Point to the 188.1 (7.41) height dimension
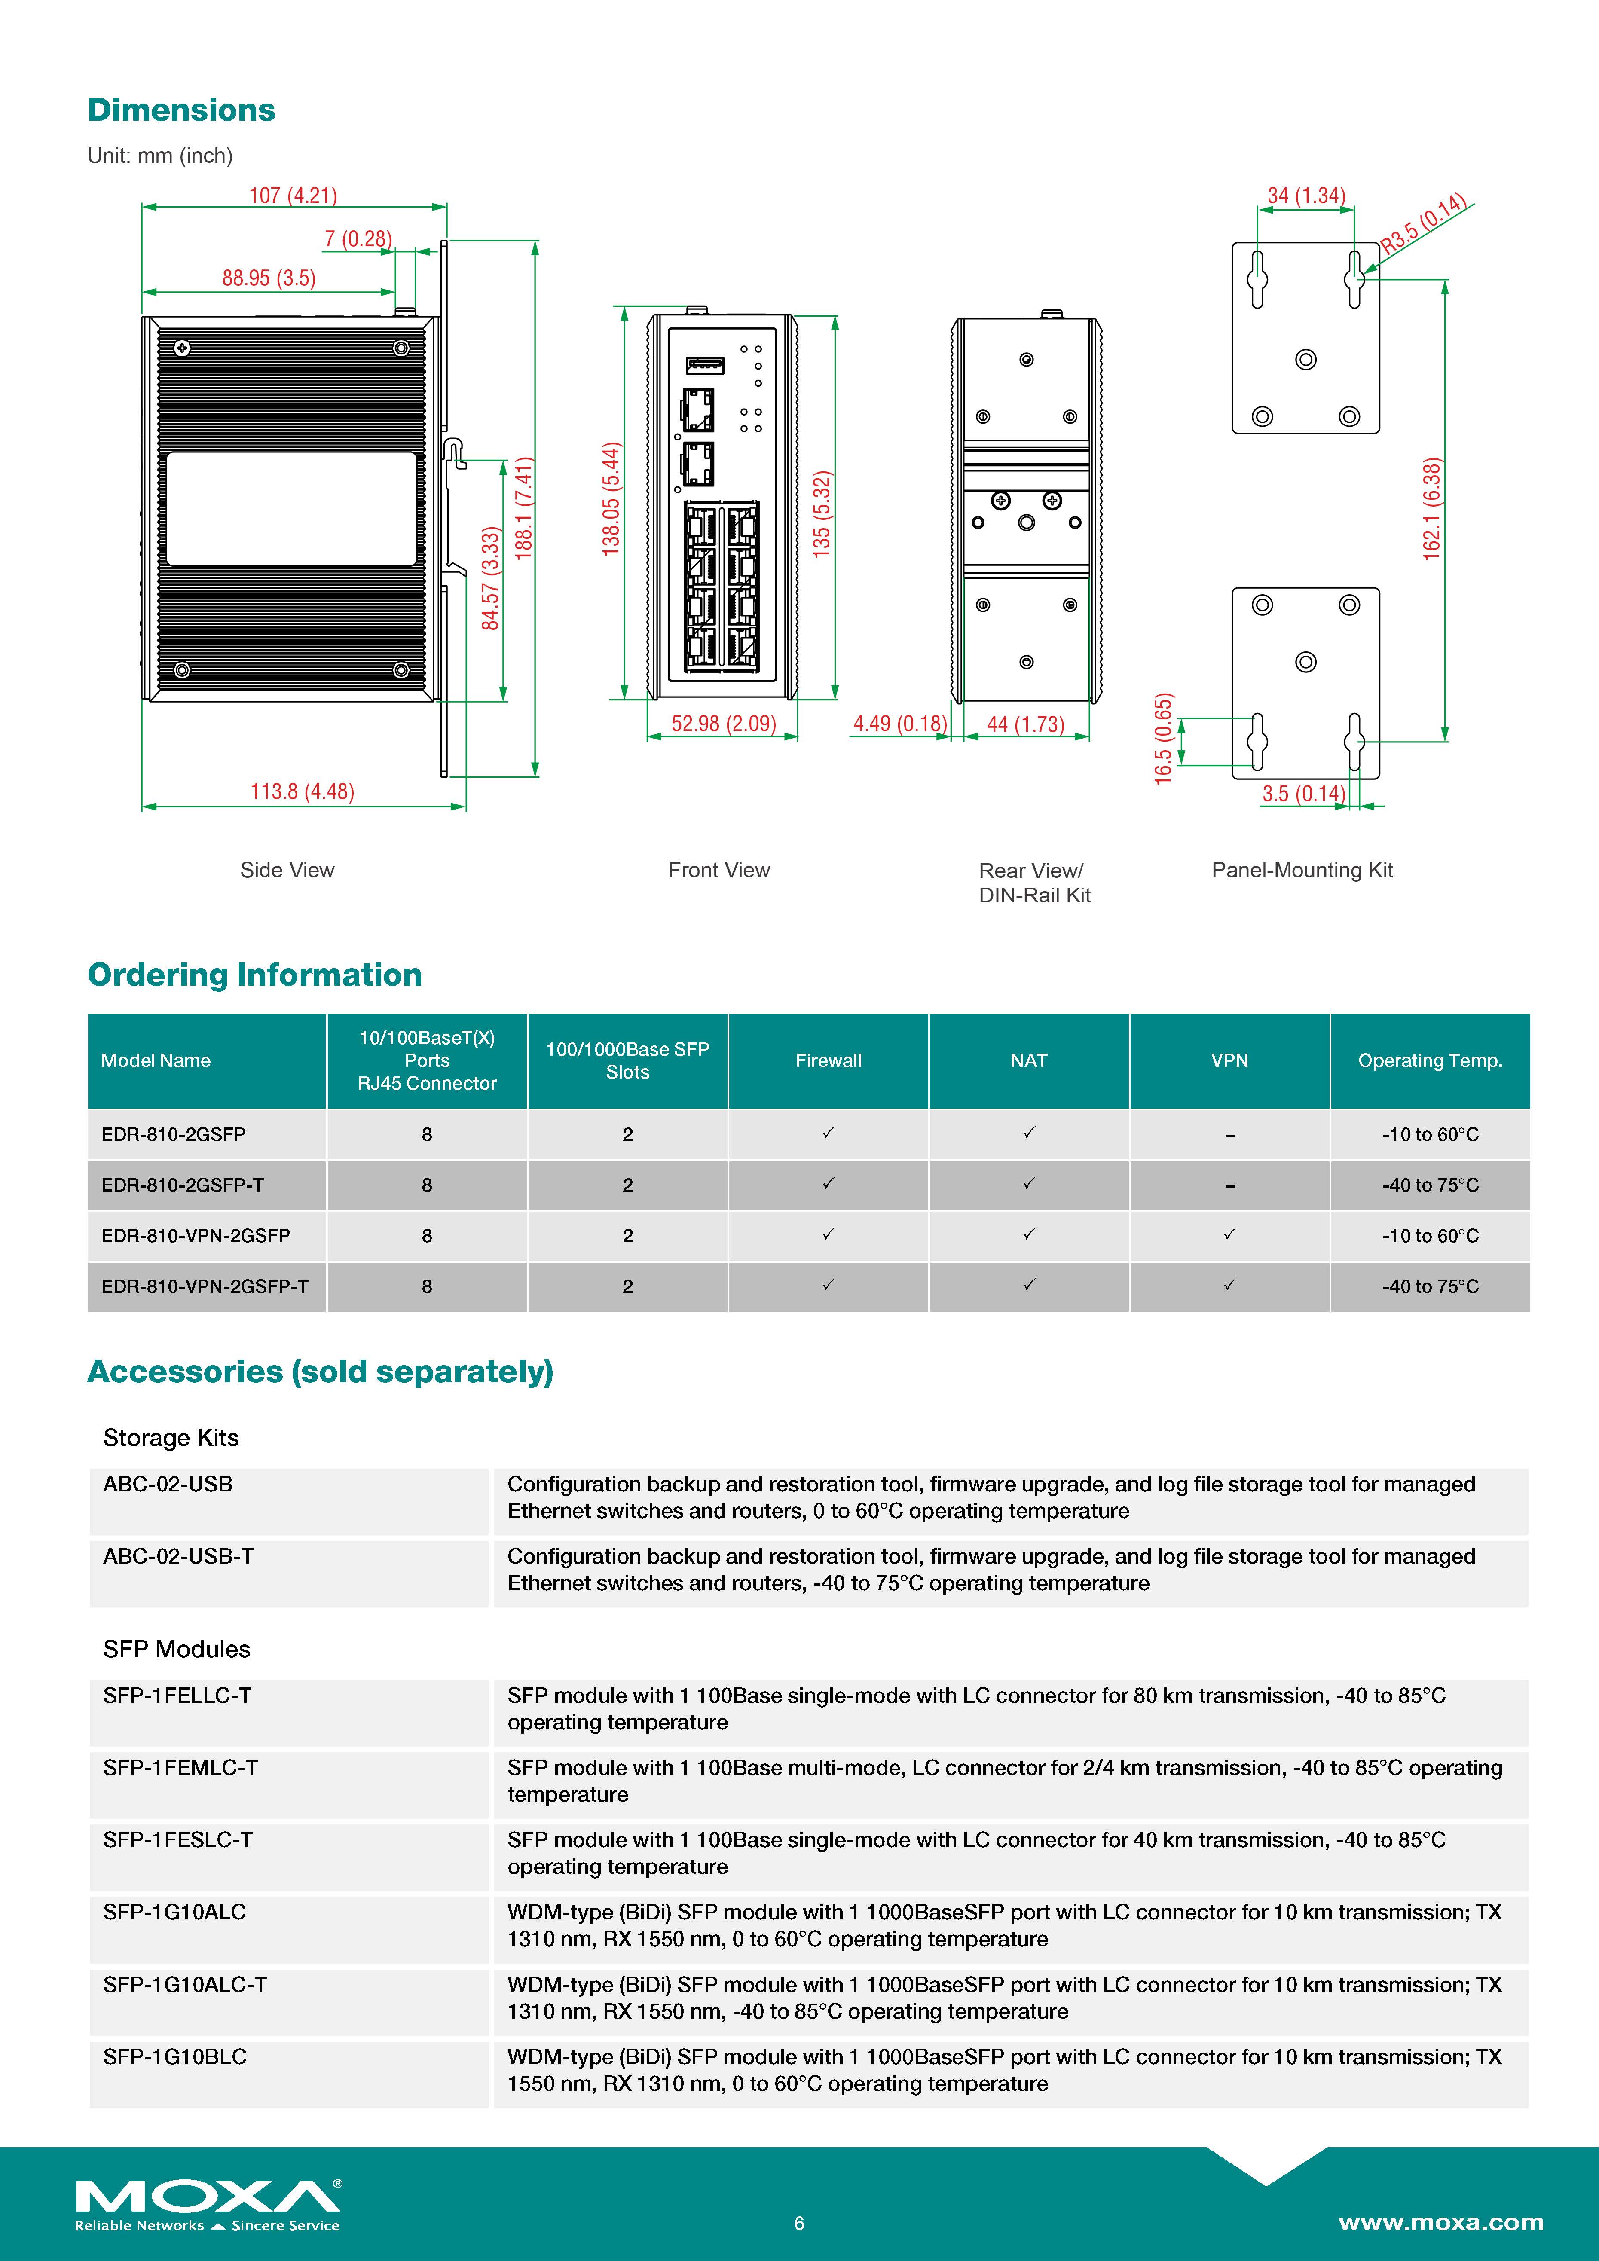coord(524,508)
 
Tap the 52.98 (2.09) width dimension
coord(724,724)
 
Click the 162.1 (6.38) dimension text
coord(1431,509)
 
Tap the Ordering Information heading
coord(255,975)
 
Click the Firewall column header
coord(828,1060)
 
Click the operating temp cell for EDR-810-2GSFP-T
coord(1430,1185)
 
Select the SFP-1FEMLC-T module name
coord(180,1768)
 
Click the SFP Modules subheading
coord(177,1650)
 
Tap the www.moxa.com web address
coord(1440,2223)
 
